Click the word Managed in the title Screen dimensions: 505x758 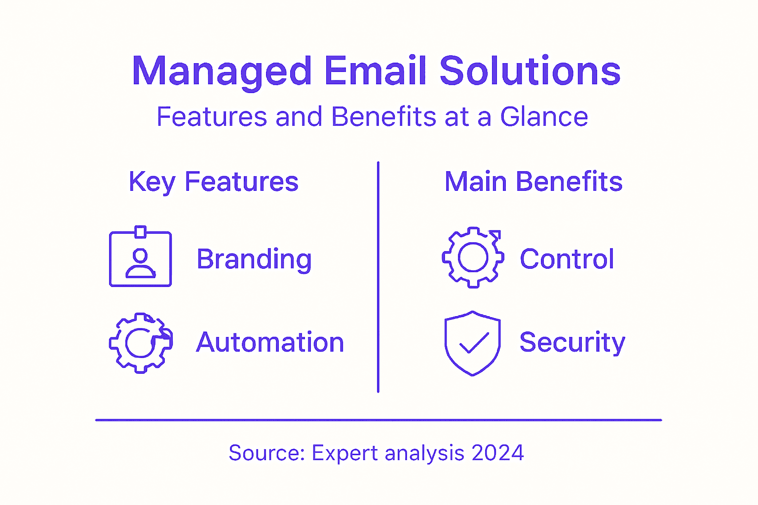click(222, 72)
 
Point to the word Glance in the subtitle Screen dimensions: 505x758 click(544, 117)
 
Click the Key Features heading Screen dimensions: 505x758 click(213, 182)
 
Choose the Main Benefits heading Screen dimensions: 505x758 click(533, 181)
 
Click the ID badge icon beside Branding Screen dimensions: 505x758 click(140, 257)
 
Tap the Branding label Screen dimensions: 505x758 click(254, 259)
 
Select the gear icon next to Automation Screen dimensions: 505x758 click(140, 343)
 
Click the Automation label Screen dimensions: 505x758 click(269, 342)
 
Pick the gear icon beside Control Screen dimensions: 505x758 click(473, 257)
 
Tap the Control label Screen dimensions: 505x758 click(567, 259)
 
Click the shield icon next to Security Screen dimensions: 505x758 click(472, 343)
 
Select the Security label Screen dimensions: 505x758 click(572, 342)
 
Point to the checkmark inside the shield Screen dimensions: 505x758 click(474, 343)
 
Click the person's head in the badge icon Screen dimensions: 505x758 click(140, 255)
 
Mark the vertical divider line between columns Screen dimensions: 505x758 click(378, 276)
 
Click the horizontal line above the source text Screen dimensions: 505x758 click(378, 420)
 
